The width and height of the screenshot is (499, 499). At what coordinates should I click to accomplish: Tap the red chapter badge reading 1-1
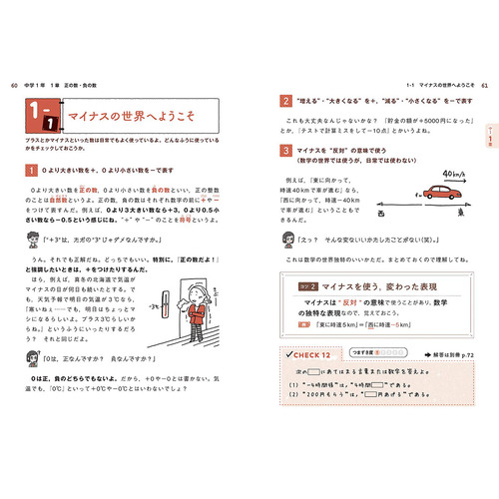(43, 119)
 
